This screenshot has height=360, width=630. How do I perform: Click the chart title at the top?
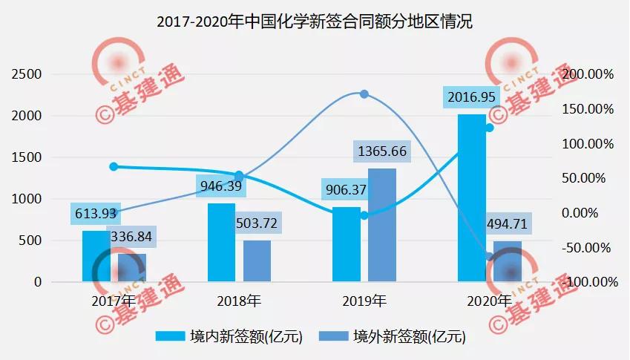(x=315, y=22)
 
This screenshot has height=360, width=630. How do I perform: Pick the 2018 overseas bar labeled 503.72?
(x=257, y=261)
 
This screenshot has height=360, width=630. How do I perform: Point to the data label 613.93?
(x=94, y=213)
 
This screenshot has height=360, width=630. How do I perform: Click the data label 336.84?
(x=134, y=237)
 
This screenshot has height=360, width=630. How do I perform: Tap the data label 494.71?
(x=512, y=223)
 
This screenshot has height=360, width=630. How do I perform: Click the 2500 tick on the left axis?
(x=27, y=74)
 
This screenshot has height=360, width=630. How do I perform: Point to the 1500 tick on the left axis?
(x=27, y=157)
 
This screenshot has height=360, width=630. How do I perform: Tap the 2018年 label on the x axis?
(x=239, y=301)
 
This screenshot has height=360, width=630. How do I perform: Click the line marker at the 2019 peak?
(x=364, y=94)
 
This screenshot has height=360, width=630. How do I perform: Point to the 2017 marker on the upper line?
(x=114, y=166)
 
